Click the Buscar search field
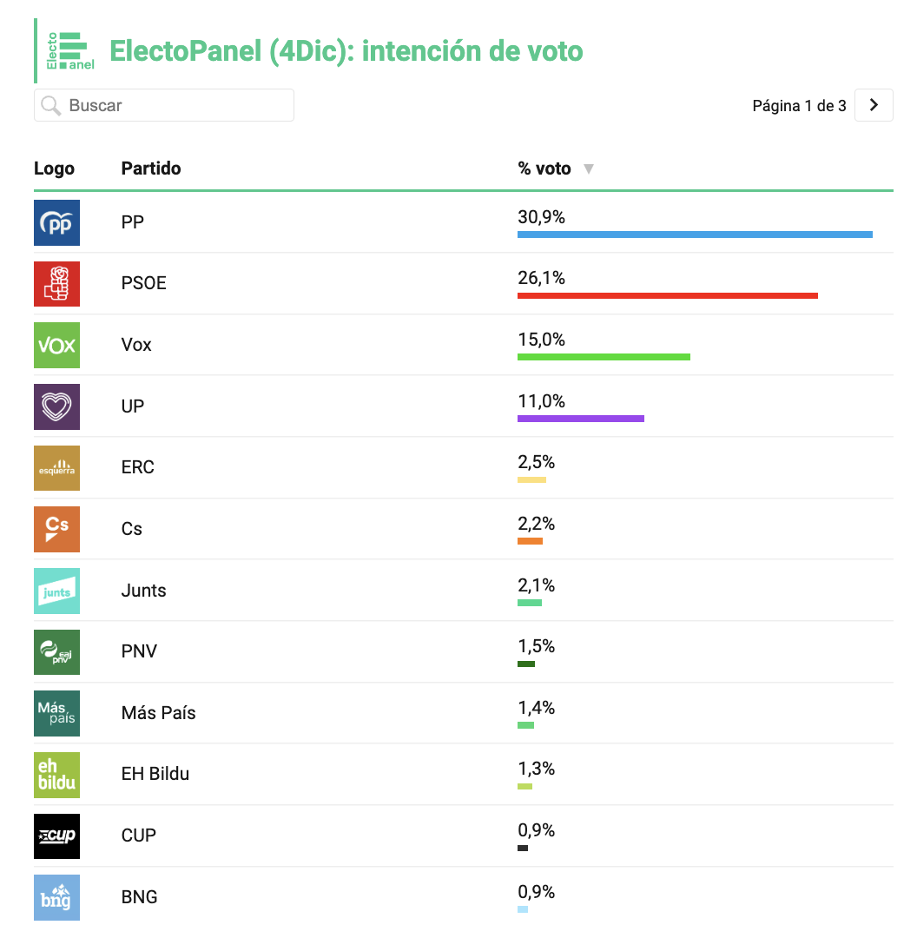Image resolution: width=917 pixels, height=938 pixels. coord(164,105)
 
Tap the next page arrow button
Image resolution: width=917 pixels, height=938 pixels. coord(874,105)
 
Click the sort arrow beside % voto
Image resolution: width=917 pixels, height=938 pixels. coord(589,168)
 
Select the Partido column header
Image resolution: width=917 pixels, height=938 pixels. coord(151,168)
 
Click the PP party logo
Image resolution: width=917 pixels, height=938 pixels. coord(56,222)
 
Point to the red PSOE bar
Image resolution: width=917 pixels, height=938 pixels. coord(668,295)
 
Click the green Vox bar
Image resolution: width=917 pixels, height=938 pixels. coord(604,357)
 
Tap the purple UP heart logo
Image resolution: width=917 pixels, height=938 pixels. coord(56,406)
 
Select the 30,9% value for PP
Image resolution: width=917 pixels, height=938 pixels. coord(541,216)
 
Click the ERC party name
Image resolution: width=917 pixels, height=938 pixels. coord(137,467)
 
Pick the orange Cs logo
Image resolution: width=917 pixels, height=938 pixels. coord(56,530)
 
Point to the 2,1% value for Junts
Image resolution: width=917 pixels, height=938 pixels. coord(536,585)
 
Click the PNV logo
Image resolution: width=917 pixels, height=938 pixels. coord(56,652)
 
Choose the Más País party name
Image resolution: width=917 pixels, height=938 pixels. coord(159,712)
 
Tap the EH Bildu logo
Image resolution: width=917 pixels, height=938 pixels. coord(56,775)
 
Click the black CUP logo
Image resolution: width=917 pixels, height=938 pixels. coord(56,836)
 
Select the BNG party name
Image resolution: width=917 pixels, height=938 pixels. coord(140,896)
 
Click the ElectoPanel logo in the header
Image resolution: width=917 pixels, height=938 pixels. coord(70,51)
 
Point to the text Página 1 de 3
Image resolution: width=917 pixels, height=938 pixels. coord(799,106)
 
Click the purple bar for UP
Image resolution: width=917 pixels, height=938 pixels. coord(581,419)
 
